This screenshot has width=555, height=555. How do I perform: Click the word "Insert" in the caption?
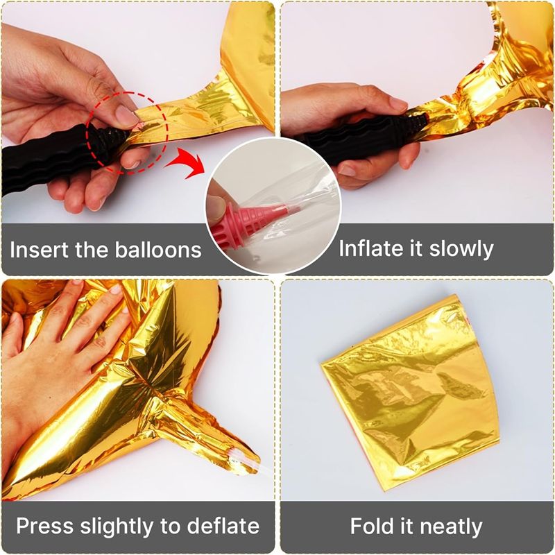click(x=40, y=250)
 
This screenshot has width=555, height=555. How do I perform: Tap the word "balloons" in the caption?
click(x=158, y=250)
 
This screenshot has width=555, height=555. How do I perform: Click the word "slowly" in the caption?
click(x=461, y=249)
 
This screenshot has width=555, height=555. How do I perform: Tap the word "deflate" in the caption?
click(x=223, y=526)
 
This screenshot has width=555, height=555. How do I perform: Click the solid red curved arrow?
click(x=187, y=161)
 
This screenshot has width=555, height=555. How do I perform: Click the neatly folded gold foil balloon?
click(x=411, y=393)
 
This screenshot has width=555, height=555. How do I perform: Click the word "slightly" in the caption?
click(x=117, y=527)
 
